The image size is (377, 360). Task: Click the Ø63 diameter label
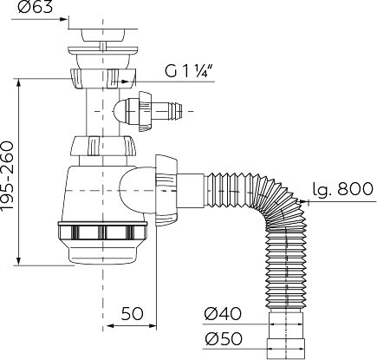[x=35, y=7]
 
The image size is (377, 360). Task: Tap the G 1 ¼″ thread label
[x=190, y=70]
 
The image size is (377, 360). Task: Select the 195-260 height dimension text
[x=8, y=175]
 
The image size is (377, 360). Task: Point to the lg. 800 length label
[x=343, y=189]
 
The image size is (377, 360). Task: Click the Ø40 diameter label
[x=223, y=313]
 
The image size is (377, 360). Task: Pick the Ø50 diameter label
[x=224, y=338]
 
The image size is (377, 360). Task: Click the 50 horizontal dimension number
[x=132, y=313]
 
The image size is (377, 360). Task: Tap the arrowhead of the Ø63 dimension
[x=63, y=19]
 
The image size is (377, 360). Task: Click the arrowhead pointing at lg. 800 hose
[x=304, y=201]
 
